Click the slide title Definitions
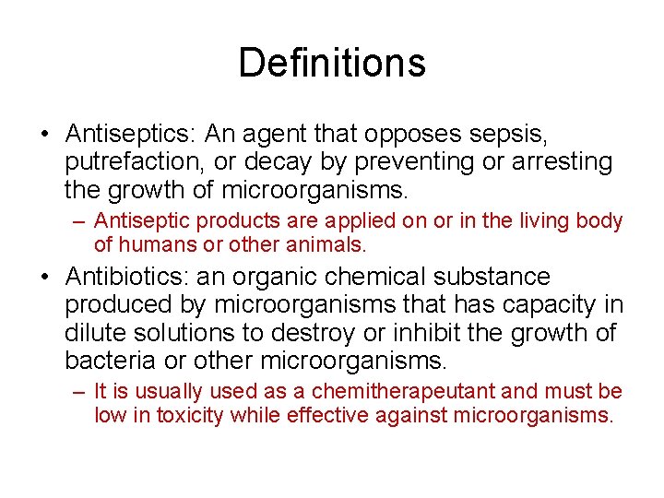(x=332, y=63)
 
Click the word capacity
(x=549, y=304)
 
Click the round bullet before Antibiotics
(x=45, y=278)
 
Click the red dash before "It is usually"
(x=79, y=392)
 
